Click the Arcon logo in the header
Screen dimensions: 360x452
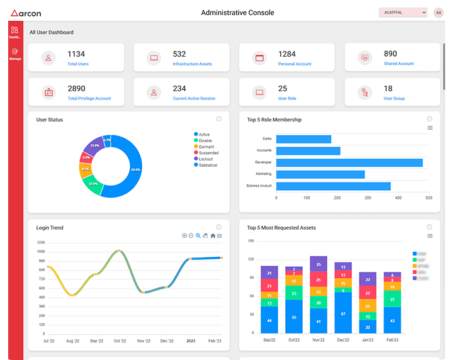coord(27,12)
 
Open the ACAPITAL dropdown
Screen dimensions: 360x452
coord(403,13)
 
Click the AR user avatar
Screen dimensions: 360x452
coord(438,13)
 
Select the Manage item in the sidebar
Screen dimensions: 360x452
coord(15,54)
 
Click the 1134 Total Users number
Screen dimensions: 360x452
coord(76,55)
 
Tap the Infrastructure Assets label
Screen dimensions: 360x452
coord(192,64)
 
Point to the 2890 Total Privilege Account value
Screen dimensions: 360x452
coord(76,89)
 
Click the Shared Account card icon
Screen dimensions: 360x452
coord(364,58)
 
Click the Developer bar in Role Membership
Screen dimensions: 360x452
coord(349,162)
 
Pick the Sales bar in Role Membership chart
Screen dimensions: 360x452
coord(303,139)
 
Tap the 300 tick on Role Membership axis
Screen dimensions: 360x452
coord(368,198)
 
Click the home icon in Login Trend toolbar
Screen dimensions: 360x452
coord(213,236)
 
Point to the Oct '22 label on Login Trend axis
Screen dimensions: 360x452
coord(120,341)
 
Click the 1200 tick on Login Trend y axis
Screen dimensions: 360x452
coord(41,242)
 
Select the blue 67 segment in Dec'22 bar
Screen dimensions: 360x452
coord(343,313)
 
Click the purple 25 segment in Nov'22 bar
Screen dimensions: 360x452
coord(319,264)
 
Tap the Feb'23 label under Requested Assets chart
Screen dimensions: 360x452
coord(392,340)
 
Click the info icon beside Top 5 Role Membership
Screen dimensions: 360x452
coord(429,119)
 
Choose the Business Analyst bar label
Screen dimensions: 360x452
coord(259,186)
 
